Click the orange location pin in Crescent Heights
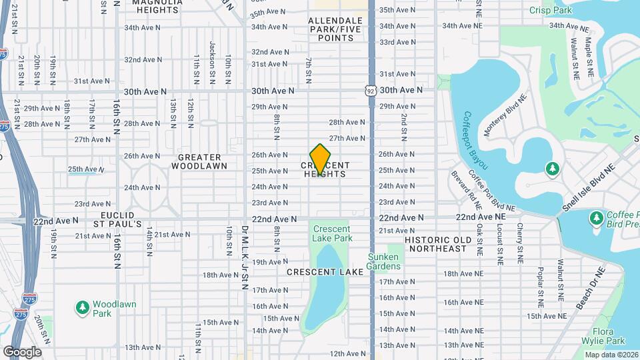tap(321, 159)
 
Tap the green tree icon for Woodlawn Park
tap(83, 308)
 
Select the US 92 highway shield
tap(371, 89)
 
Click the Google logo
tap(22, 351)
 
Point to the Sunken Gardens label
tap(383, 262)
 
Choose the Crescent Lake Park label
tap(331, 233)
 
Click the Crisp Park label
tap(551, 10)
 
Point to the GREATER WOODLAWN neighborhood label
tap(199, 161)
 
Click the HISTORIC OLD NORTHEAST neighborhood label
tap(437, 244)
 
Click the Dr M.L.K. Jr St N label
tap(245, 257)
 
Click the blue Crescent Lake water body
tap(325, 287)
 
